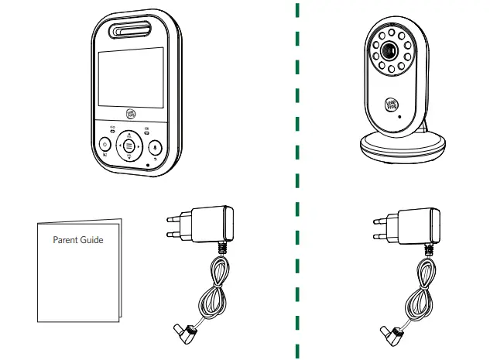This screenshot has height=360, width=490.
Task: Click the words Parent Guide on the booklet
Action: pos(77,240)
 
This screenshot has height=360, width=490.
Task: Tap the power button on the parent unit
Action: pos(105,145)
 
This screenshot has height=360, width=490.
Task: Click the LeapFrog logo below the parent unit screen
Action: pos(131,113)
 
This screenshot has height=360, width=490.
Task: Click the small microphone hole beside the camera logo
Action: pos(399,115)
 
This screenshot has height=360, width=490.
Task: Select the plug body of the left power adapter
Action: pos(209,223)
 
